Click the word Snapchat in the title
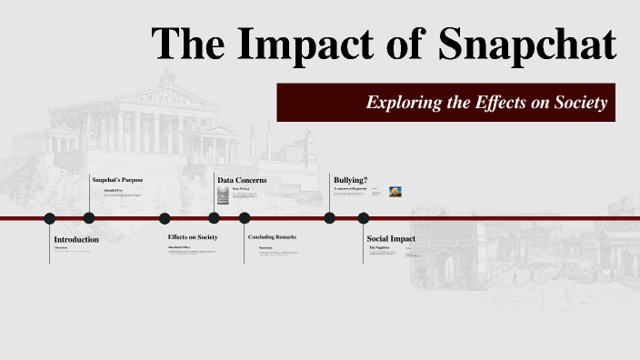point(528,44)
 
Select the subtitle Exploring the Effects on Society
point(486,103)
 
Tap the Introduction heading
point(76,239)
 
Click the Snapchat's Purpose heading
point(117,180)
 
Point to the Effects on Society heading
point(193,237)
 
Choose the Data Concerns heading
point(242,180)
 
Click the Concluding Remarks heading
point(273,237)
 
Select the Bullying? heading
point(351,180)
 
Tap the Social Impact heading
point(391,239)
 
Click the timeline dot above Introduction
point(50,218)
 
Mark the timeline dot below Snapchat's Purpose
point(89,218)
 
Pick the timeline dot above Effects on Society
point(165,218)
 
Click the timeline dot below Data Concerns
point(214,218)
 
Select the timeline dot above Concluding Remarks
point(245,218)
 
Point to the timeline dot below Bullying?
point(330,218)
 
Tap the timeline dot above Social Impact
point(364,218)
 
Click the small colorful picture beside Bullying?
point(396,192)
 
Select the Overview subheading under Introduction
point(61,247)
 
